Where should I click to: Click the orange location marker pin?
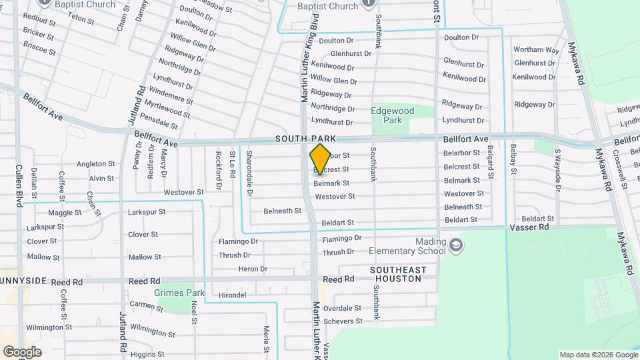[x=320, y=159]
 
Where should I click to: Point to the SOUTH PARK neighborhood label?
[x=305, y=139]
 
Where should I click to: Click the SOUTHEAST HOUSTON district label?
[x=397, y=274]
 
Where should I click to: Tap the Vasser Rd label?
[x=530, y=227]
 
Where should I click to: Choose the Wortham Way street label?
[x=536, y=50]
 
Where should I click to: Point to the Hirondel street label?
[x=233, y=295]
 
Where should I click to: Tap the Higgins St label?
[x=147, y=354]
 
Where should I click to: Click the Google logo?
[x=22, y=352]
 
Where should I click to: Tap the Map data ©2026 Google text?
[x=597, y=355]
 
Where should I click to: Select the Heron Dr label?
[x=253, y=269]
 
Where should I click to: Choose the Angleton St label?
[x=96, y=163]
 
